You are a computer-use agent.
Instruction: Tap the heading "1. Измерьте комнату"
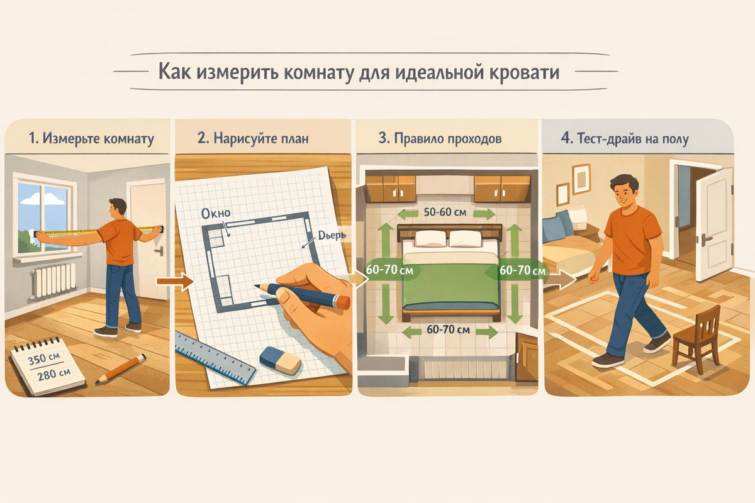click(92, 138)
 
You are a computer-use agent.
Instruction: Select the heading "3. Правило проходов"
click(440, 138)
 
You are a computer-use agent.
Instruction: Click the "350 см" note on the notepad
click(44, 359)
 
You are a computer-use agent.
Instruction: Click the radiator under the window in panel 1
click(54, 280)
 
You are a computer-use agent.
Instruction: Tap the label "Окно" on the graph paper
click(216, 213)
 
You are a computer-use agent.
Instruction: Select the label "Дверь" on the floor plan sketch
click(332, 235)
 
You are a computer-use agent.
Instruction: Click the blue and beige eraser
click(281, 360)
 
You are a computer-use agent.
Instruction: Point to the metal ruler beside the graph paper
click(216, 358)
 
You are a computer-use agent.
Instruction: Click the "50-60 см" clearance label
click(445, 212)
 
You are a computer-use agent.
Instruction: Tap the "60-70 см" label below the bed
click(448, 329)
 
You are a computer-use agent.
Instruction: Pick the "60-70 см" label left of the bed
click(389, 270)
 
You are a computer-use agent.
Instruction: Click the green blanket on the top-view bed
click(451, 283)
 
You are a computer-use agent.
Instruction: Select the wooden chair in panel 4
click(697, 338)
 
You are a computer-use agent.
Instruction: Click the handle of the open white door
click(705, 239)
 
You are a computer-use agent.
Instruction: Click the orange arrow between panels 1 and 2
click(175, 281)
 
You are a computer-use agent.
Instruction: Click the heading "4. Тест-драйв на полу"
click(625, 138)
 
